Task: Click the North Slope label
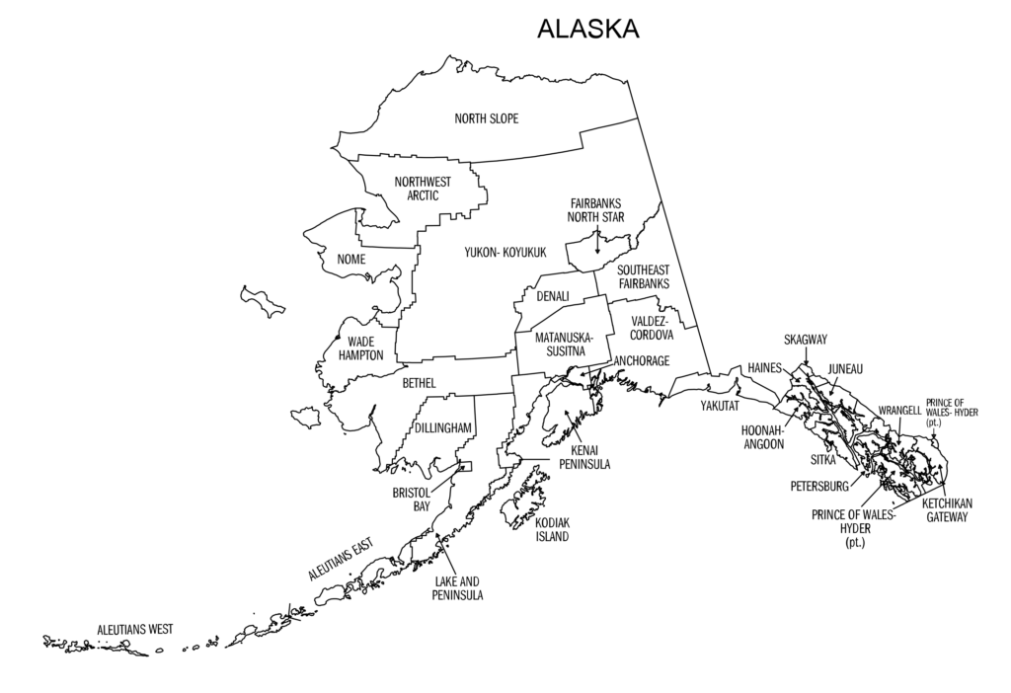[486, 119]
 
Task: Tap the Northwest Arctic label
[423, 188]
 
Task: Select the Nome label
[351, 260]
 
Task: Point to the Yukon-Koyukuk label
[505, 253]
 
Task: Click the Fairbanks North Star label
[595, 210]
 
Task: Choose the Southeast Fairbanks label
[644, 276]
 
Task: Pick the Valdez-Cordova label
[650, 329]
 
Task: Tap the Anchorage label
[642, 361]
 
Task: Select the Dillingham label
[443, 428]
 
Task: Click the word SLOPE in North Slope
[503, 119]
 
